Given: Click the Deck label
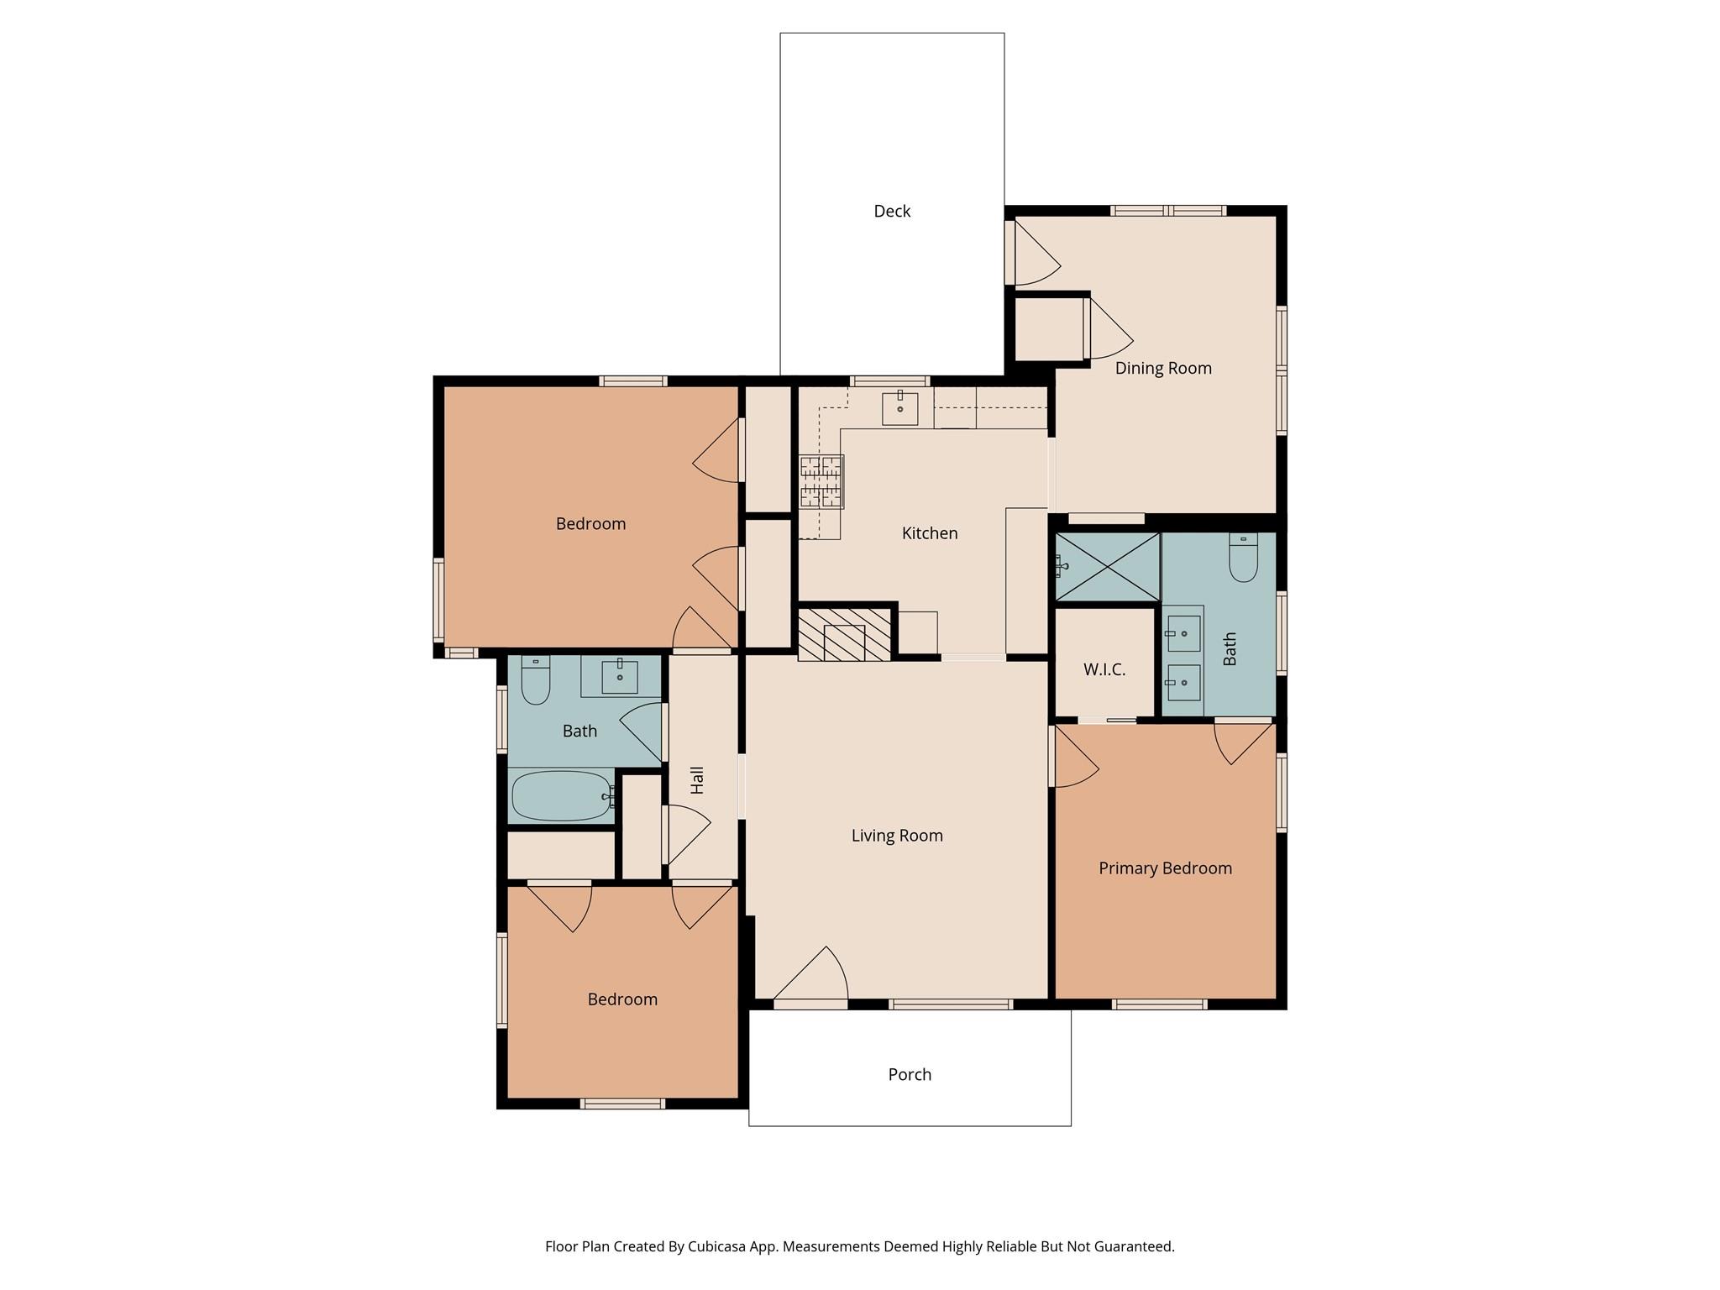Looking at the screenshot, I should point(891,211).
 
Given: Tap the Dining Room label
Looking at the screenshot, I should point(1162,368).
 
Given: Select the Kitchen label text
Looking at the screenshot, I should point(929,533).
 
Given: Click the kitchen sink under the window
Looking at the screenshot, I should point(899,409).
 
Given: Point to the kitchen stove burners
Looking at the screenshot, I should point(821,482).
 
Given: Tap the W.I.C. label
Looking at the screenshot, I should point(1104,669).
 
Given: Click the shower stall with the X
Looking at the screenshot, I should point(1108,567).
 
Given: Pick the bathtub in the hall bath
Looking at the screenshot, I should point(561,796).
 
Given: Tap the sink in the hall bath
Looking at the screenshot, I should point(620,676).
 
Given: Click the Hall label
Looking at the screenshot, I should point(697,780).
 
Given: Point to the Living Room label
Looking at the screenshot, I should point(896,836).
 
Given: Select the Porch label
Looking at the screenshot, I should point(910,1074).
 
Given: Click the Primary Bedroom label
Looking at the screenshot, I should point(1165,868).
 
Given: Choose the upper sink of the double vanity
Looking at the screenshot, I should point(1183,633).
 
